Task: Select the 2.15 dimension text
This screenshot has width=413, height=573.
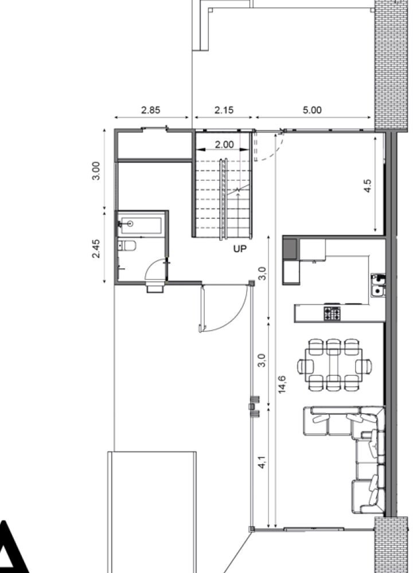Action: (x=224, y=111)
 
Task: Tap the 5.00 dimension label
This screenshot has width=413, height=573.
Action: (x=311, y=111)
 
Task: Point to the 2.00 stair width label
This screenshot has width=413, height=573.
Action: (x=224, y=145)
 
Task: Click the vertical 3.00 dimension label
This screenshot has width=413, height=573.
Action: (x=96, y=170)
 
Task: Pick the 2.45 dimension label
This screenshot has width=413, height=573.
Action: (x=96, y=248)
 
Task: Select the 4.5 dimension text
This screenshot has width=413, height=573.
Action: (x=368, y=187)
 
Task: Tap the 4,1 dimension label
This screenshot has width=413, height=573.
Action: (x=262, y=462)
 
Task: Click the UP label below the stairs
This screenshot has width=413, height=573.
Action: (x=239, y=249)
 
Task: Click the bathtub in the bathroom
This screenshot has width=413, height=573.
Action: (x=142, y=223)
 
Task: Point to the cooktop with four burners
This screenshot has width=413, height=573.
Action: (x=332, y=313)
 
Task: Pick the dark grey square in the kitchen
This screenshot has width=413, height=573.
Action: (x=290, y=248)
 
